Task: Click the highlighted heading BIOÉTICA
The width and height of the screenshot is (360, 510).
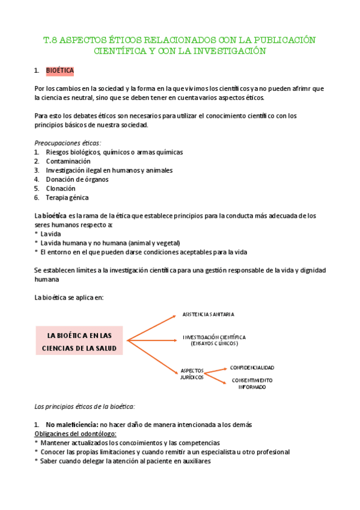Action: click(x=59, y=71)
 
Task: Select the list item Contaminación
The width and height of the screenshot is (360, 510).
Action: click(x=68, y=161)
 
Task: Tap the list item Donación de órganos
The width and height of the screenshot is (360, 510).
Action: click(x=76, y=179)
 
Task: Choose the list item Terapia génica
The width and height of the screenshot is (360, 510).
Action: click(x=67, y=197)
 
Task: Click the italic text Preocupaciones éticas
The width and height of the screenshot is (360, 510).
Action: click(x=68, y=143)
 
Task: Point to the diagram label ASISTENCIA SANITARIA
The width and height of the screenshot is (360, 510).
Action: click(x=208, y=314)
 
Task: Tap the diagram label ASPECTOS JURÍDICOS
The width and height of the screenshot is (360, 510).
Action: click(x=192, y=373)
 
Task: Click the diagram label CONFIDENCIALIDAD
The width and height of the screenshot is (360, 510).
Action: click(x=252, y=367)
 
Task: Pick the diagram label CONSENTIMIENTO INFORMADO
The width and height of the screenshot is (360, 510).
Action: click(x=252, y=383)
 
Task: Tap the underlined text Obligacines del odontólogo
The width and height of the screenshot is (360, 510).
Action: click(x=75, y=434)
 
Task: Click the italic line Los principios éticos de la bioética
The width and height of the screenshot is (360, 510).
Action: click(x=85, y=407)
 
